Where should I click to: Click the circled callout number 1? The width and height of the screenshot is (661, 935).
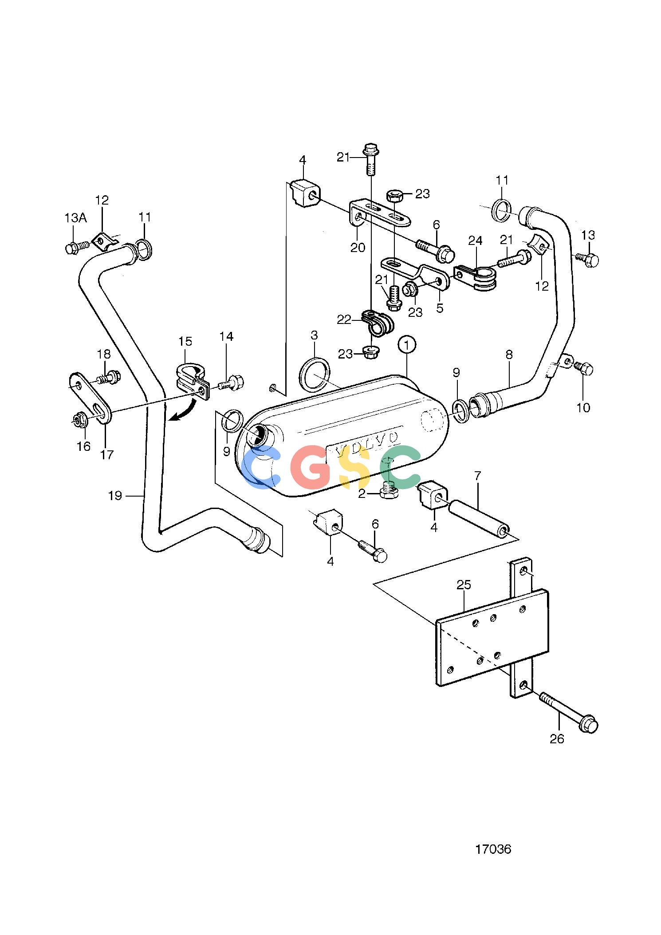[x=407, y=345]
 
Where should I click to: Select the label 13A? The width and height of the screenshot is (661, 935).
[x=76, y=218]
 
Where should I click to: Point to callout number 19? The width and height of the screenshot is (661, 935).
[x=115, y=495]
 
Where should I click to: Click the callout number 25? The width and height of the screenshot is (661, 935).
[x=464, y=584]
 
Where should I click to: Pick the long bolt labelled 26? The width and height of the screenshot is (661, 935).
[x=569, y=712]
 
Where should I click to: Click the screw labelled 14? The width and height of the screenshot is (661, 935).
[x=232, y=382]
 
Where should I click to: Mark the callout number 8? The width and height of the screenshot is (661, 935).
[x=509, y=354]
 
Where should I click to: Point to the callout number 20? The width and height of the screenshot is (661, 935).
[x=358, y=247]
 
